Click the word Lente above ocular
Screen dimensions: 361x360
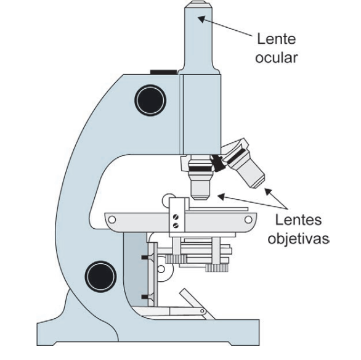(x=276, y=39)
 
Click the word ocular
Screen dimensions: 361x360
(x=277, y=57)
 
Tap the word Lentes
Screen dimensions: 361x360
(x=298, y=220)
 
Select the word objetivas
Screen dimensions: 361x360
(x=298, y=239)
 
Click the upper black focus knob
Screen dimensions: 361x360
(x=150, y=100)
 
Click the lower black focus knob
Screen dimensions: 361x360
(x=100, y=276)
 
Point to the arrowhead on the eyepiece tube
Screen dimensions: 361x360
(x=201, y=19)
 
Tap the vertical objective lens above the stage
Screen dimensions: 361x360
(x=200, y=178)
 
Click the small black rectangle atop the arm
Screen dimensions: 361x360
(x=164, y=72)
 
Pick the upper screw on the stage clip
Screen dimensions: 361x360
(x=176, y=216)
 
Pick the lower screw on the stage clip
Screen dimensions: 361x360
(x=176, y=225)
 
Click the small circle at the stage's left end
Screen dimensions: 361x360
(x=112, y=219)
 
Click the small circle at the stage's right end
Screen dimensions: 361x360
(x=248, y=219)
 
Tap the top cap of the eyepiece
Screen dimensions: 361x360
(x=198, y=4)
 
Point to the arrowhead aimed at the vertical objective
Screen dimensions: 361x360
(x=221, y=197)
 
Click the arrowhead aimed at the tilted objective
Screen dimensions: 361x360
(x=268, y=192)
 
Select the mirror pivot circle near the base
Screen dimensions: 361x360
(x=203, y=311)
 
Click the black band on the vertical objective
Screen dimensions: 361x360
(x=200, y=169)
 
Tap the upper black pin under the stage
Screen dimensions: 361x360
(x=145, y=257)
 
